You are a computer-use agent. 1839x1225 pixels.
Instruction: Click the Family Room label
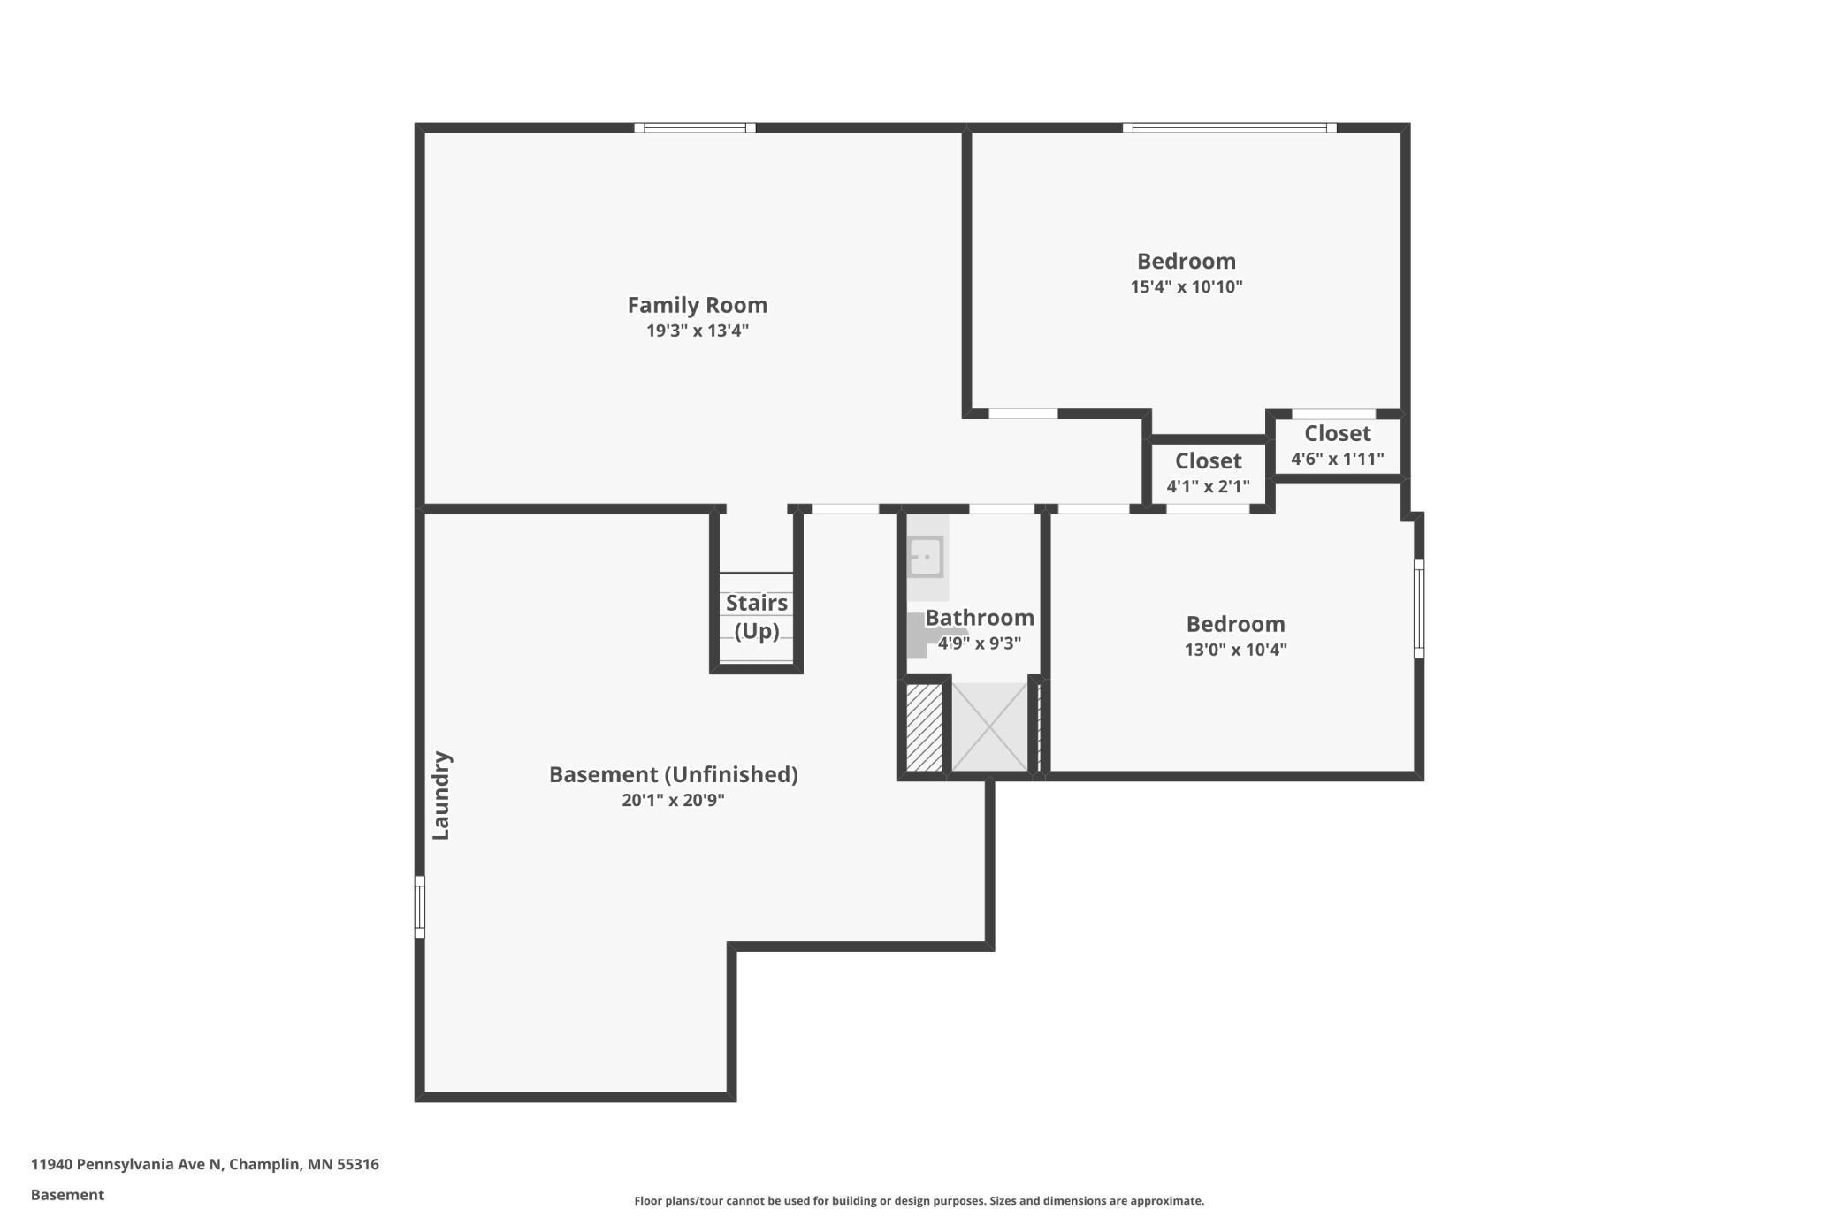pyautogui.click(x=697, y=305)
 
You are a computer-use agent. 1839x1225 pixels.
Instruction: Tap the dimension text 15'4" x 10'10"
pyautogui.click(x=1186, y=286)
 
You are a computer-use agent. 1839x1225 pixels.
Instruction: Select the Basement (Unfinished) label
pyautogui.click(x=673, y=774)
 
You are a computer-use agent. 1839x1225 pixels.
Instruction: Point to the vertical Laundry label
pyautogui.click(x=441, y=795)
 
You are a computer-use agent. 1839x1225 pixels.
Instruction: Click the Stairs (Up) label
pyautogui.click(x=756, y=616)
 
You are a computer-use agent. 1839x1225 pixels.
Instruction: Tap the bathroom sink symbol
pyautogui.click(x=926, y=558)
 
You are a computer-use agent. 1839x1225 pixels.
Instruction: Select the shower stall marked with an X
pyautogui.click(x=989, y=727)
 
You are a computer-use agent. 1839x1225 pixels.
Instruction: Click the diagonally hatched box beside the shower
pyautogui.click(x=924, y=727)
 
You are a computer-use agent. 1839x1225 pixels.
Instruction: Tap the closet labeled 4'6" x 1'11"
pyautogui.click(x=1337, y=445)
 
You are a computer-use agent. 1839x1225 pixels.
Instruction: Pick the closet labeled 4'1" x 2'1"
pyautogui.click(x=1208, y=473)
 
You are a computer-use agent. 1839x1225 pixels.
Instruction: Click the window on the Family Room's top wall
pyautogui.click(x=694, y=128)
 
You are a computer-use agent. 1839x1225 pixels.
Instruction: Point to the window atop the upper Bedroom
pyautogui.click(x=1229, y=128)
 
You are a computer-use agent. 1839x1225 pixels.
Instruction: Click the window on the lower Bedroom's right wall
pyautogui.click(x=1418, y=608)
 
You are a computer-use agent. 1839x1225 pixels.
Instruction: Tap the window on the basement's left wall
pyautogui.click(x=420, y=906)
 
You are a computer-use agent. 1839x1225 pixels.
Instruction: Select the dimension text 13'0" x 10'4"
pyautogui.click(x=1235, y=650)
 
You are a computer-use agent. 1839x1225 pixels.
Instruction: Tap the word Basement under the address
pyautogui.click(x=67, y=1195)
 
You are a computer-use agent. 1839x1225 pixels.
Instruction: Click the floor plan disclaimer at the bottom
pyautogui.click(x=919, y=1200)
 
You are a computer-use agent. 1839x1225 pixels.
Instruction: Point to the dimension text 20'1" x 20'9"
pyautogui.click(x=673, y=800)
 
